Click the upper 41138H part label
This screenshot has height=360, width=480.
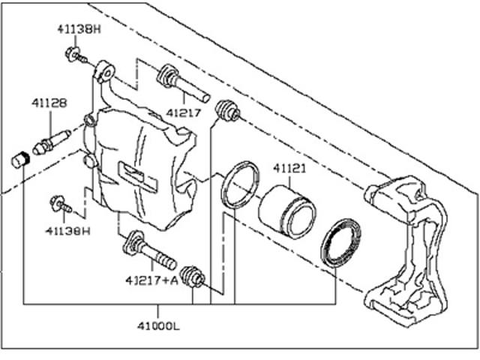pos(79,29)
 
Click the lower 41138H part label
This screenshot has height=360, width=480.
pos(68,231)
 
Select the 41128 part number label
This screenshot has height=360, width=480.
pos(49,103)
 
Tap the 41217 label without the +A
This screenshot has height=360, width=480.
pos(183,113)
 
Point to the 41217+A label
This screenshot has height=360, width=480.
pos(151,280)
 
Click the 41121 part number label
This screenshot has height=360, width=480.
pos(289,168)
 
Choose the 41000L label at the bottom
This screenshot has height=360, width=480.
pos(158,326)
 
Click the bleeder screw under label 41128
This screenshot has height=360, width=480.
pos(52,142)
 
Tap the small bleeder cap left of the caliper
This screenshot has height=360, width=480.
pos(20,160)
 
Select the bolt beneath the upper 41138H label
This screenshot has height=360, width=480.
pos(76,55)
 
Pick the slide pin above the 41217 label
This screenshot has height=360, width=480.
pos(183,82)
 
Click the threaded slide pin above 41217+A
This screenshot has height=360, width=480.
pos(149,251)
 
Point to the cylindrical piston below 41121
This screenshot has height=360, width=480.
pos(287,211)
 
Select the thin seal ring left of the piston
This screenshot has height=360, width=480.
pos(240,185)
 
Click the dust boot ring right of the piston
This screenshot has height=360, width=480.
pos(340,243)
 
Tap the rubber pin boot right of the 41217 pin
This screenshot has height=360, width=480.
pos(228,111)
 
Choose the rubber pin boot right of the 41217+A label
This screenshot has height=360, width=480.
pos(192,277)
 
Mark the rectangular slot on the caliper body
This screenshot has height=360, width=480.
pos(138,177)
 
